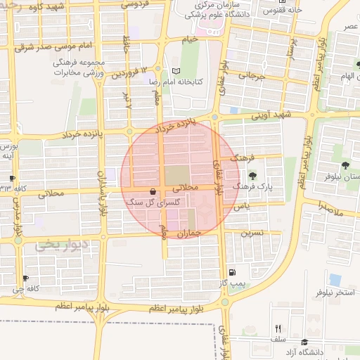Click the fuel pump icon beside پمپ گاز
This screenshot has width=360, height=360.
coord(232,273)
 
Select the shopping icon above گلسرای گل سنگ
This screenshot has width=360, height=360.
coord(153,191)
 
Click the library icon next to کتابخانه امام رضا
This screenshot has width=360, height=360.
coord(176,71)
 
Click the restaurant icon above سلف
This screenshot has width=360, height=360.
coord(278,328)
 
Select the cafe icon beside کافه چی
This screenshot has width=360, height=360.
coord(26,278)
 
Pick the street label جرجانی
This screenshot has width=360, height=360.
coord(251,75)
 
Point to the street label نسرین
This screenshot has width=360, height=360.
coord(253,231)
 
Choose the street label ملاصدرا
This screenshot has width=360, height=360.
coord(329,208)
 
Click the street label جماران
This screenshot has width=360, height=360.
coord(190,233)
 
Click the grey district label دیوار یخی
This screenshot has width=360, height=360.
coord(64,246)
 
